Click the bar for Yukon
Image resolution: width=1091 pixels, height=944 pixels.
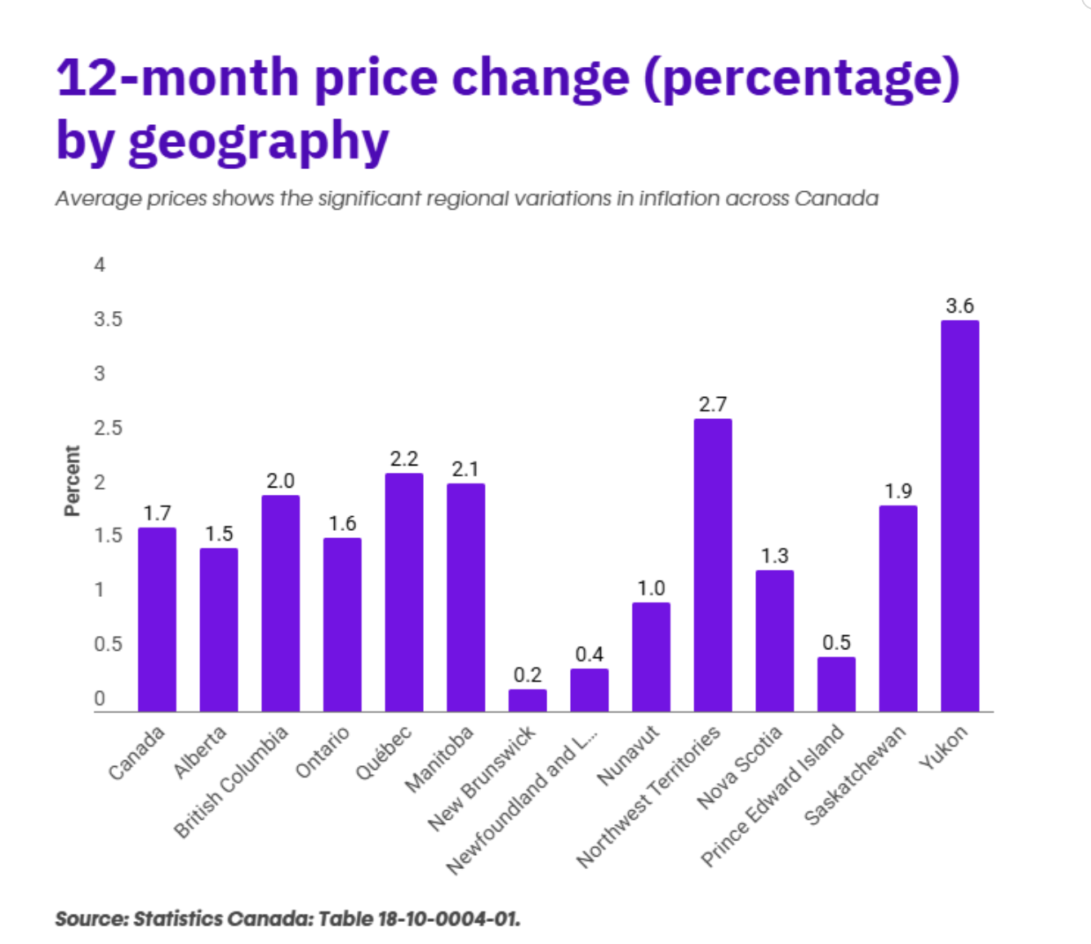(x=960, y=516)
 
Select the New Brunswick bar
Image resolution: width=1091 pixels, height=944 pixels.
(x=528, y=701)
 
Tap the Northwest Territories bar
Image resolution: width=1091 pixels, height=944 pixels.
(x=713, y=565)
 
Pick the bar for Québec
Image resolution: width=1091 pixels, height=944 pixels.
(x=404, y=592)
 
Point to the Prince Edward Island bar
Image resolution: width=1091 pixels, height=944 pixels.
(x=836, y=684)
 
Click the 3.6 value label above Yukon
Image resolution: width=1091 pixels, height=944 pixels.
(x=960, y=306)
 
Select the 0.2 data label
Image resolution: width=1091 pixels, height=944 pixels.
(x=528, y=675)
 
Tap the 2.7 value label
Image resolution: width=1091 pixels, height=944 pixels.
(x=713, y=404)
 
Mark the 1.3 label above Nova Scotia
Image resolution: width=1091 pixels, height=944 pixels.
(x=774, y=556)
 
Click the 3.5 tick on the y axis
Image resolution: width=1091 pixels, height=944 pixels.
(x=108, y=319)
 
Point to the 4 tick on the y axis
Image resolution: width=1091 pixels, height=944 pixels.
(x=100, y=265)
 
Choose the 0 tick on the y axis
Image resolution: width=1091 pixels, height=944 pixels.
(x=100, y=699)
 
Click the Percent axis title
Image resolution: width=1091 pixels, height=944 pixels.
(x=72, y=480)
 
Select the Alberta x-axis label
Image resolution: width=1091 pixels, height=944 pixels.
(x=200, y=751)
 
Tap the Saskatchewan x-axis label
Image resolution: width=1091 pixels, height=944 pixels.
(x=855, y=774)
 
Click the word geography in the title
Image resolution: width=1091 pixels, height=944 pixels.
(x=258, y=142)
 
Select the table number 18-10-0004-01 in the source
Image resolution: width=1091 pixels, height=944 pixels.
(x=448, y=919)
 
